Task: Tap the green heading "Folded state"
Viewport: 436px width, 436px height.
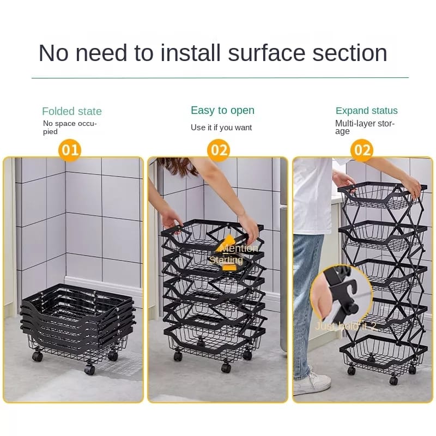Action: tap(72, 111)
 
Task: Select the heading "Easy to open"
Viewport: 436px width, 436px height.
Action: tap(222, 110)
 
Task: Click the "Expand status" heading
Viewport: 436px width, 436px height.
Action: tap(367, 111)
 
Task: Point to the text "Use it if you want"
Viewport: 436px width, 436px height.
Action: tap(221, 128)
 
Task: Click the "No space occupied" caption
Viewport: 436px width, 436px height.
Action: tap(70, 128)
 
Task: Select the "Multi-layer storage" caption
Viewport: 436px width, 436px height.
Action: tap(365, 127)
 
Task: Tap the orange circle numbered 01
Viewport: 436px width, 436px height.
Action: tap(70, 149)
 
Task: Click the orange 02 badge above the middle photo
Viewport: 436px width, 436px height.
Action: tap(219, 149)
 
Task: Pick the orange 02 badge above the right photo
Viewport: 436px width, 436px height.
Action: tap(362, 149)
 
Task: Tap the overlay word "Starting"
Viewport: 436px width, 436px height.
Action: tap(226, 261)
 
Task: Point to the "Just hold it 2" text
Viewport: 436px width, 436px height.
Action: tap(346, 326)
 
